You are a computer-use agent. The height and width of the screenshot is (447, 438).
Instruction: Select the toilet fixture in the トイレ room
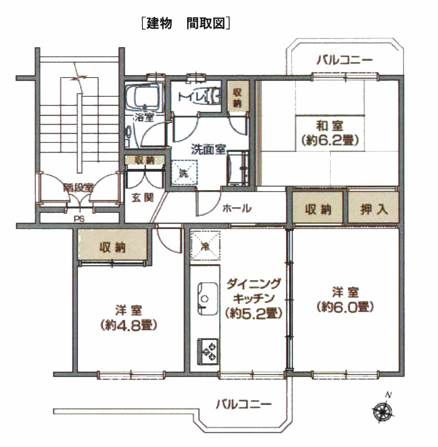(213, 95)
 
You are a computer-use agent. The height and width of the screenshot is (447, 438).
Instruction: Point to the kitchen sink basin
(208, 299)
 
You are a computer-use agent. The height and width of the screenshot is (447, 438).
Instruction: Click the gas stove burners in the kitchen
(208, 352)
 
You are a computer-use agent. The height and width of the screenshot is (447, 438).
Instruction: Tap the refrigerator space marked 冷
(205, 246)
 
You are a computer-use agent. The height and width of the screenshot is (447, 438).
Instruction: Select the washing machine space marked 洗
(184, 173)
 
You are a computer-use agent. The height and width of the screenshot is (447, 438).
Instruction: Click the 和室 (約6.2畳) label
(330, 133)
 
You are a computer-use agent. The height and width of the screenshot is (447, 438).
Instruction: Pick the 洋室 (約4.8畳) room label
(129, 318)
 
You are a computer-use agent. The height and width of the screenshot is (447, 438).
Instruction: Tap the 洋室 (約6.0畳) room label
(345, 300)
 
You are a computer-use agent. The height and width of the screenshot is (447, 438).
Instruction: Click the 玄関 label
(142, 198)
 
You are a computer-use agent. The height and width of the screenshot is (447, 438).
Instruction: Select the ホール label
(237, 208)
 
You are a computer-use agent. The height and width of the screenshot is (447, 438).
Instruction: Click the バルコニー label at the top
(345, 60)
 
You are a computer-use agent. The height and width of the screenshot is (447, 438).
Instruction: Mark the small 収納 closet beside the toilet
(238, 98)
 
